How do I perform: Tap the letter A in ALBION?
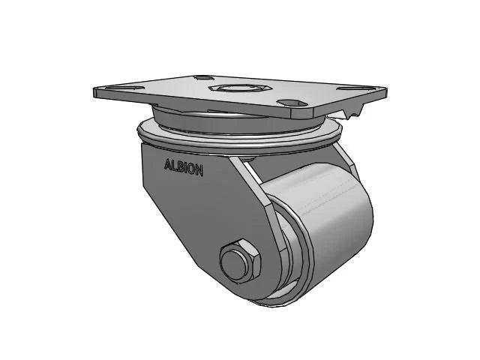click(x=167, y=166)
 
